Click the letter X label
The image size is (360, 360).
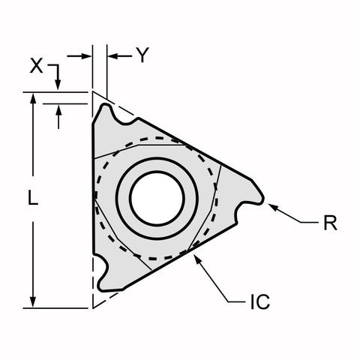pyautogui.click(x=36, y=66)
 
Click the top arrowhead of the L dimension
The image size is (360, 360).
pyautogui.click(x=32, y=97)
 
